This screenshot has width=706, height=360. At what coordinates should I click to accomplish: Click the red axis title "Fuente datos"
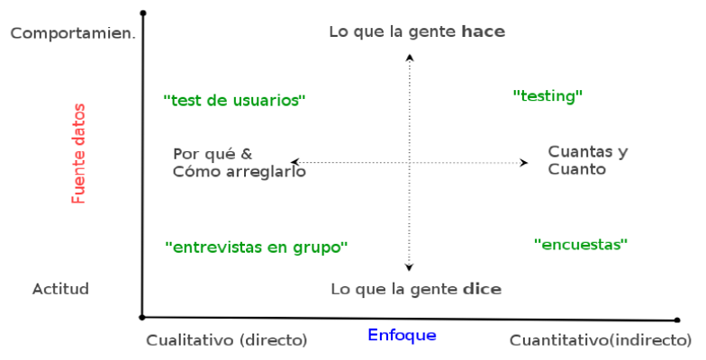[78, 153]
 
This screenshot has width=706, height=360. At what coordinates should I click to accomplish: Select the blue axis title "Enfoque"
[402, 335]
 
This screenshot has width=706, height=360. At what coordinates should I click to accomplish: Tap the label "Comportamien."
[73, 33]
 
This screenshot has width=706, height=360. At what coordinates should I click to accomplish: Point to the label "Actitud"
[61, 289]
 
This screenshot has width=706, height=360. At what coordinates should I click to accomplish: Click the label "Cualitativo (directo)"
[227, 340]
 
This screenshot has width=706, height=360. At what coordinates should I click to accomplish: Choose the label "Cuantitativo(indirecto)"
[601, 340]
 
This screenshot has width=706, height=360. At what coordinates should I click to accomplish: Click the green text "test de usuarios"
[234, 100]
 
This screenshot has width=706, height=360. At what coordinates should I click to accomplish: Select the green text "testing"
[548, 96]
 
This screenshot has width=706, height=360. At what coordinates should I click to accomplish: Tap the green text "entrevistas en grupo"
[257, 247]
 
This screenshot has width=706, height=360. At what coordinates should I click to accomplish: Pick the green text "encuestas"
[581, 245]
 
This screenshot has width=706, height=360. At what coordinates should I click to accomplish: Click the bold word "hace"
[484, 31]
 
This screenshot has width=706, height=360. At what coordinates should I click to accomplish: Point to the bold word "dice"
[483, 289]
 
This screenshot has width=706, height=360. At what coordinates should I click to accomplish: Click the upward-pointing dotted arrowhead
[410, 58]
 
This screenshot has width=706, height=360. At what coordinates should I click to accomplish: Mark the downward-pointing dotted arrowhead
[409, 267]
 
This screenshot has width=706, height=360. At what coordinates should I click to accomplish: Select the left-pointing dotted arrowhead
[294, 162]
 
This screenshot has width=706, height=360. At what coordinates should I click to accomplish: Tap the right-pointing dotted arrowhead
[524, 162]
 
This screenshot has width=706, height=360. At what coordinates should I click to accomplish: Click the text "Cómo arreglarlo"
[240, 171]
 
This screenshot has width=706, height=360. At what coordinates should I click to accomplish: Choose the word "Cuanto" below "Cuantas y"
[576, 169]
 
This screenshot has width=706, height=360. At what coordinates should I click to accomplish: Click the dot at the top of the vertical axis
[143, 13]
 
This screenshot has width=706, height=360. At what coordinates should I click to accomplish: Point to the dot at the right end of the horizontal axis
[677, 320]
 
